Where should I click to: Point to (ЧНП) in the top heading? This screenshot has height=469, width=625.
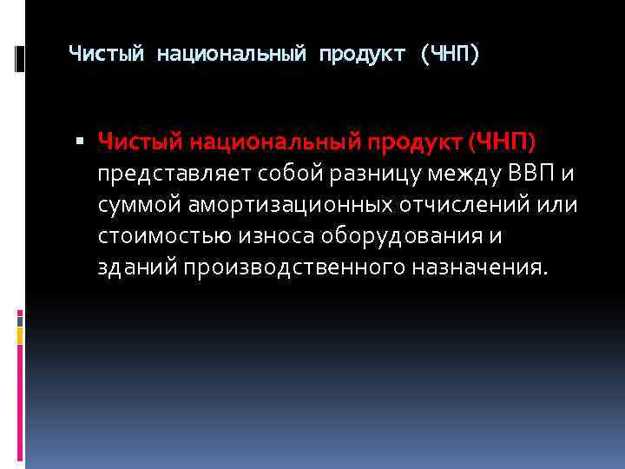pyautogui.click(x=449, y=55)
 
